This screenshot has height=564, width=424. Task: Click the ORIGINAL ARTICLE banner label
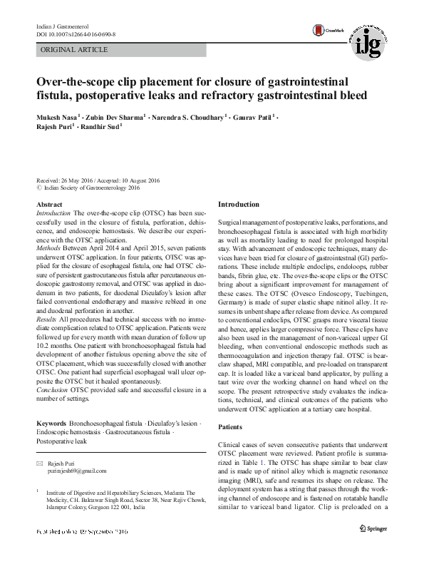coord(75,50)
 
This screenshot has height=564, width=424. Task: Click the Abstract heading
coord(49,205)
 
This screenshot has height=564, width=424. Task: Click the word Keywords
coord(53,424)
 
